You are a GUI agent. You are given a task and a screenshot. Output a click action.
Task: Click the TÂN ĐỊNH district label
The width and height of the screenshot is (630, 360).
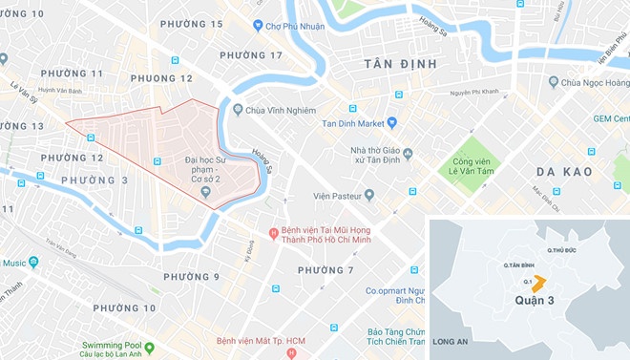coord(400,64)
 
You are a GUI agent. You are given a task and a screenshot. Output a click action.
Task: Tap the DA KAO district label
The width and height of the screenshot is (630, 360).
coord(564,172)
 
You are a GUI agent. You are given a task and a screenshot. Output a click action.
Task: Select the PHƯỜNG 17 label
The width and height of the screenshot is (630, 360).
coord(251,55)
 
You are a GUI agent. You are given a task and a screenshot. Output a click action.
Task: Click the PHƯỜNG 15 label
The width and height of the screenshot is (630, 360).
coord(192,24)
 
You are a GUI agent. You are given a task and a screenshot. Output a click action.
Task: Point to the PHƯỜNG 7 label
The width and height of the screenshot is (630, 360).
coord(325,270)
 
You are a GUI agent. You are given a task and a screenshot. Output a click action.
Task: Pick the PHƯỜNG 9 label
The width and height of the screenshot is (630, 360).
coord(191,277)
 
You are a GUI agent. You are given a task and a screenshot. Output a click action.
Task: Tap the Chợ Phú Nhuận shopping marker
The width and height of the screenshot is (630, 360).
coord(258,25)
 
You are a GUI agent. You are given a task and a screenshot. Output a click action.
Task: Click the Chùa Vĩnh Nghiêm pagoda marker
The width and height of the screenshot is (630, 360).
coord(238,110)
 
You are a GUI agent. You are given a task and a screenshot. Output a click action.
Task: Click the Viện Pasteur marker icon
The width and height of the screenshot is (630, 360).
coord(368,195)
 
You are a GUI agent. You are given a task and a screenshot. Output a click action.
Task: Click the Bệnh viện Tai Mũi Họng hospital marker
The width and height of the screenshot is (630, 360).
coord(273,233)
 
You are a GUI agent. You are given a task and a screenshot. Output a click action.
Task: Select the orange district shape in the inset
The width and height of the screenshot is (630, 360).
coord(538,283)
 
